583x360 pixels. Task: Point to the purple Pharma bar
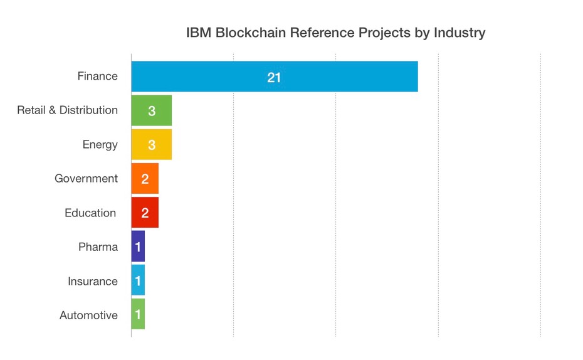(138, 246)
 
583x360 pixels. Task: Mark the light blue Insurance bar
(138, 280)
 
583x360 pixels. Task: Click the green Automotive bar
(138, 314)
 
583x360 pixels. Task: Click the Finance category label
(97, 76)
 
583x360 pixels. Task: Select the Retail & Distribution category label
(67, 110)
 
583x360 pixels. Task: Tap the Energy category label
(100, 145)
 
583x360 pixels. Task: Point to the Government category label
(86, 179)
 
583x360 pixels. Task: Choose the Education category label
(90, 213)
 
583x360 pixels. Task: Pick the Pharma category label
(98, 247)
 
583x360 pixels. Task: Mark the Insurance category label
(93, 282)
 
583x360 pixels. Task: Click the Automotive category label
(88, 315)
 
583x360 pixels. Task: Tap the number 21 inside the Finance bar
(274, 77)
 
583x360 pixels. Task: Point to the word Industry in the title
(459, 33)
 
